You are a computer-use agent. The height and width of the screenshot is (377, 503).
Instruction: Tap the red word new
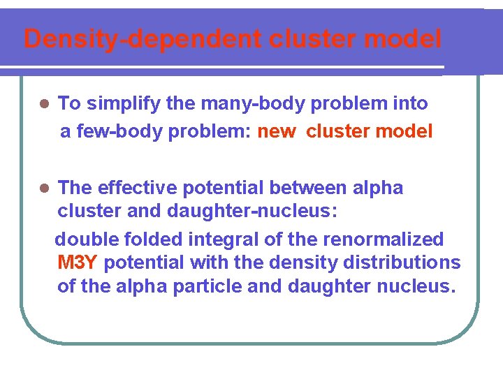coord(277,131)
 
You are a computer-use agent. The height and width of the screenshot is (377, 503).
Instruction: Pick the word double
coord(87,239)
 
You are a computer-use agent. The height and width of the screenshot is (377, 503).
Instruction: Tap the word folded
coord(153,239)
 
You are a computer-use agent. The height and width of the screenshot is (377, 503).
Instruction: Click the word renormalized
coord(383,239)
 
